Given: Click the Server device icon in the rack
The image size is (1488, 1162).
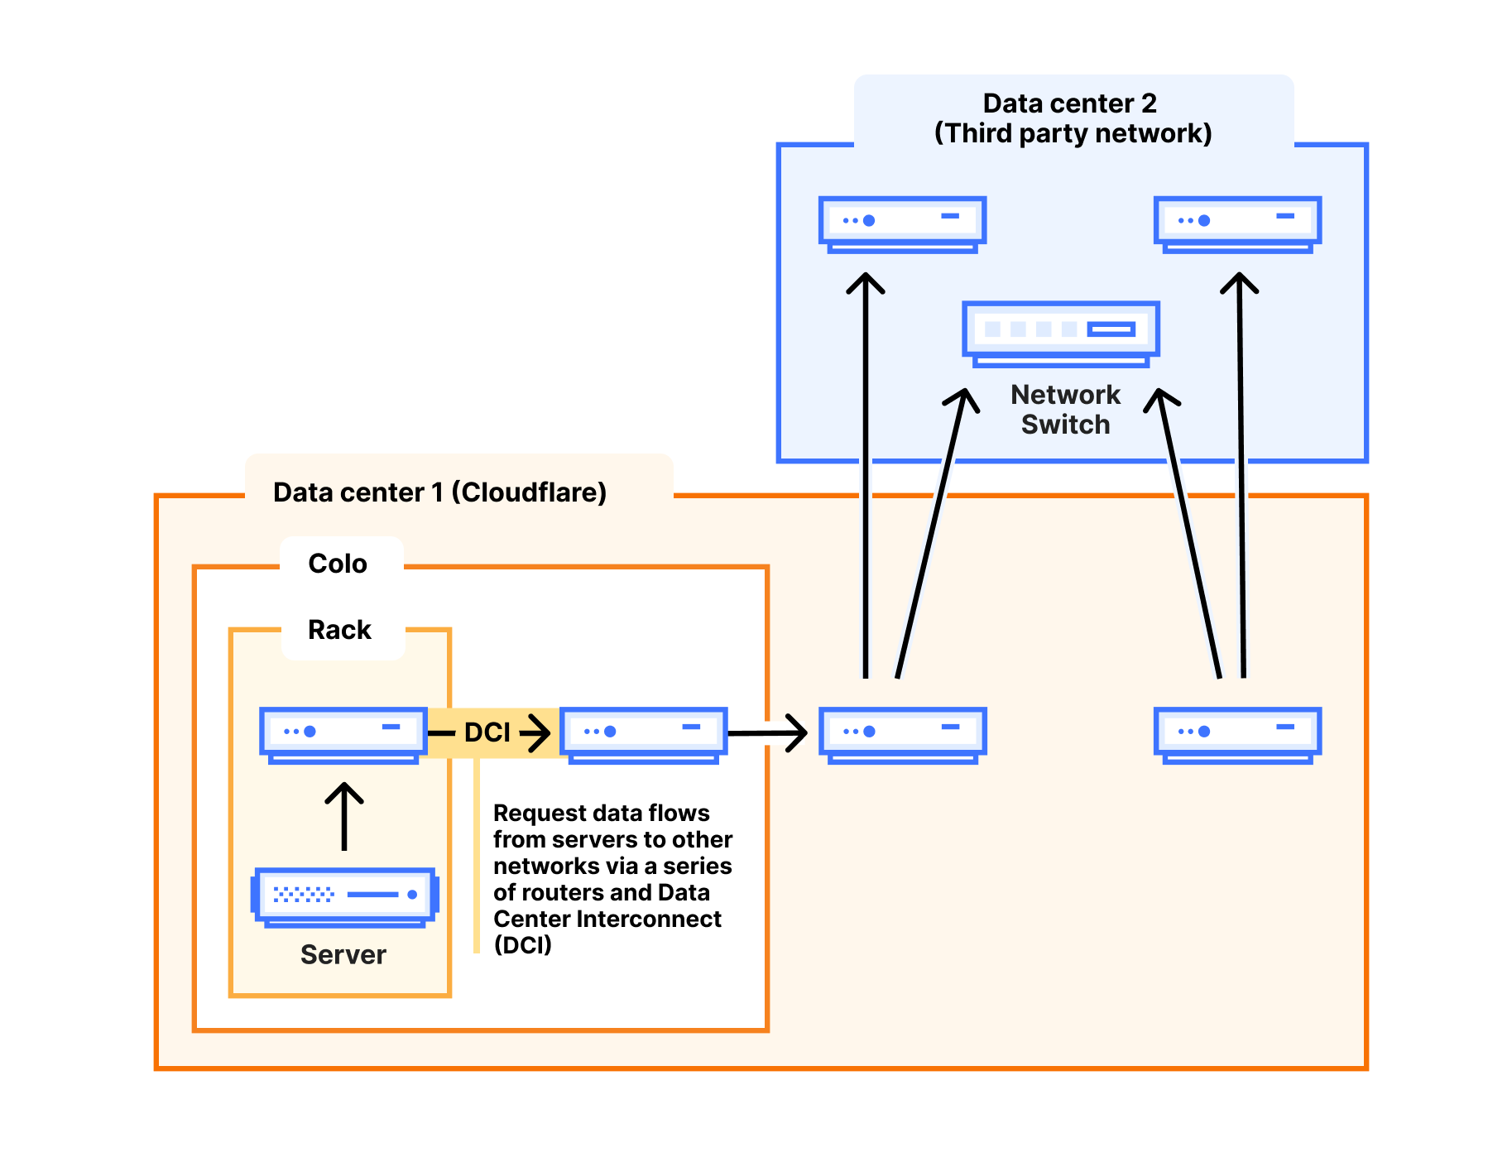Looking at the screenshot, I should tap(344, 896).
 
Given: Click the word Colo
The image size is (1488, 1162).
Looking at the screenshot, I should tap(338, 564).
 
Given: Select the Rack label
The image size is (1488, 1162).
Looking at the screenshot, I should tap(339, 630).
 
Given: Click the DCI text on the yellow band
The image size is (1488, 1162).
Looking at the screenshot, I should tap(487, 732).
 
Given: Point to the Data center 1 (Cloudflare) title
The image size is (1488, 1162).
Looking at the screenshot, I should tap(439, 492).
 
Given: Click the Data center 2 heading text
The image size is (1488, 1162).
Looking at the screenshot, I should tap(1069, 103).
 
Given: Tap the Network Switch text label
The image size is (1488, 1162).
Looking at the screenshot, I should tap(1065, 410).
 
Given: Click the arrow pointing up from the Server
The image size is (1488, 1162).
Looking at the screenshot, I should tap(344, 815).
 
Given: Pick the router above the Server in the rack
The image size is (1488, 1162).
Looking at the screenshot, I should tap(343, 733).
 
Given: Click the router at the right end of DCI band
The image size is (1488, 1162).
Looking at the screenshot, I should tap(644, 733).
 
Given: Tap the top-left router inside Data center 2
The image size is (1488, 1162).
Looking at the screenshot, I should tap(902, 223).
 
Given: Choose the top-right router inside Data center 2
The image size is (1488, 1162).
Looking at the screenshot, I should tap(1237, 223).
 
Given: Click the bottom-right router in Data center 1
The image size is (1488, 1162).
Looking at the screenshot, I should tap(1237, 733).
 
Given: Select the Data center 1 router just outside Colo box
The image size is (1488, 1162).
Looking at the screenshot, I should tap(902, 733).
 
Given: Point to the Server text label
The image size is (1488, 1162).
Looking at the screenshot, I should tap(343, 955).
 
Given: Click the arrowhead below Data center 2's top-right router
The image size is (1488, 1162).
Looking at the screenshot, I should tap(1239, 283).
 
